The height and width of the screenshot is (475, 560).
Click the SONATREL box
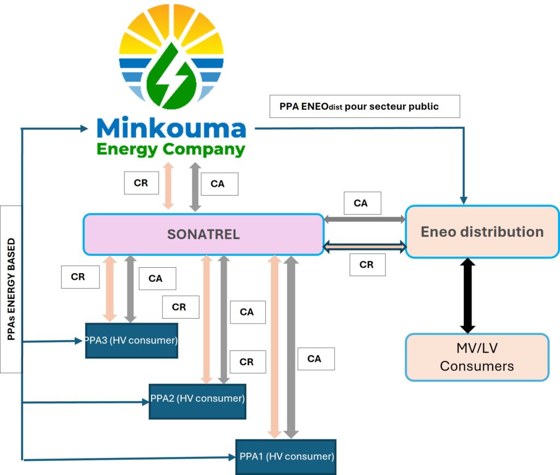pyautogui.click(x=203, y=234)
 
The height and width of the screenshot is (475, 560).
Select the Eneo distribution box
pyautogui.click(x=482, y=232)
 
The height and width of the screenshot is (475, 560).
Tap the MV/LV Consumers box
pyautogui.click(x=477, y=357)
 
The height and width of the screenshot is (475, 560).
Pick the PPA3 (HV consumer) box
pyautogui.click(x=131, y=341)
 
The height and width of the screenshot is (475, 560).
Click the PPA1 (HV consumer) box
pyautogui.click(x=285, y=456)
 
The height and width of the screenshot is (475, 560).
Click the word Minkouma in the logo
pyautogui.click(x=171, y=128)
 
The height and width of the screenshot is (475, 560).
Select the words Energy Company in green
pyautogui.click(x=171, y=149)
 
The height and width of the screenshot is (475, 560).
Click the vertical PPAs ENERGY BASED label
pyautogui.click(x=11, y=289)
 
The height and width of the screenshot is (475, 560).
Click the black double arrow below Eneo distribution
pyautogui.click(x=468, y=296)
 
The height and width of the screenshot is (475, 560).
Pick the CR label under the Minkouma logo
pyautogui.click(x=141, y=183)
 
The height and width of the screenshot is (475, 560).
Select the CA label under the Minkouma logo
pyautogui.click(x=217, y=184)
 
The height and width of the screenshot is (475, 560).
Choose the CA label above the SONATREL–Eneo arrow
pyautogui.click(x=360, y=203)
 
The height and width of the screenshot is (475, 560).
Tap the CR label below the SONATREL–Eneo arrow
pyautogui.click(x=366, y=265)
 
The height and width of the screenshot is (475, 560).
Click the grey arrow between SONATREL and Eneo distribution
pyautogui.click(x=364, y=219)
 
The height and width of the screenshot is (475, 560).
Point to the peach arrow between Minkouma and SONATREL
pyautogui.click(x=168, y=185)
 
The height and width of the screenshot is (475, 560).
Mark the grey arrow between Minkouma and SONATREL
pyautogui.click(x=194, y=186)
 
